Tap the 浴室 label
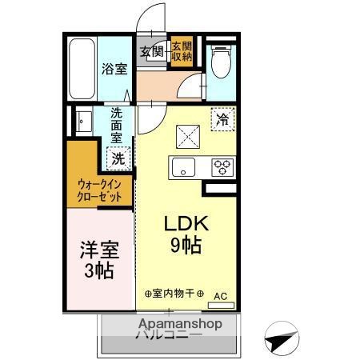pyautogui.click(x=114, y=69)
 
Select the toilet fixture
pyautogui.click(x=220, y=60)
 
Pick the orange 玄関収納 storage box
pyautogui.click(x=181, y=51)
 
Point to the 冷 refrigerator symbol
pyautogui.click(x=224, y=119)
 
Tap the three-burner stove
pyautogui.click(x=222, y=167)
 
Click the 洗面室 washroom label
pyautogui.click(x=116, y=126)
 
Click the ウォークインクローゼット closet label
pyautogui.click(x=99, y=189)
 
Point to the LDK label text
pyautogui.click(x=187, y=223)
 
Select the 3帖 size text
pyautogui.click(x=98, y=272)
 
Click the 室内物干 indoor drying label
pyautogui.click(x=175, y=294)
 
